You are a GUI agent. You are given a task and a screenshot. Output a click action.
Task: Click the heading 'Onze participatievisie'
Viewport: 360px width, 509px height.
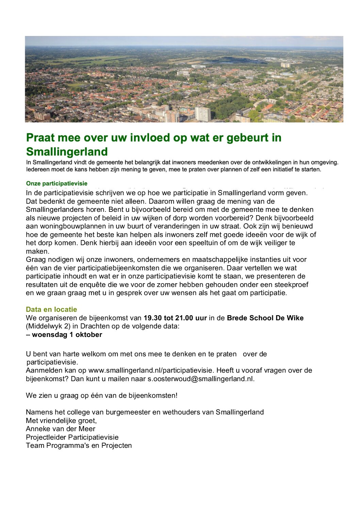click(57, 184)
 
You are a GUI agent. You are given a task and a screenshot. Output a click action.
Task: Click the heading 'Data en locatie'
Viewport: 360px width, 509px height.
click(51, 309)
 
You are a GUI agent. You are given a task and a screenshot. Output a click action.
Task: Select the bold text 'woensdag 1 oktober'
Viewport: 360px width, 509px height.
click(67, 335)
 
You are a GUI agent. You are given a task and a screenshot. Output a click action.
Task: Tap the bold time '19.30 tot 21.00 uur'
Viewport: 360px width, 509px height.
click(175, 318)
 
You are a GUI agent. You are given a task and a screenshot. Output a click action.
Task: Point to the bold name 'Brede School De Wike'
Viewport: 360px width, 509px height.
click(265, 318)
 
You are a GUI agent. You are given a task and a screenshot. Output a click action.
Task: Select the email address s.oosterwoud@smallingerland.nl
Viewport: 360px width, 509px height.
click(201, 379)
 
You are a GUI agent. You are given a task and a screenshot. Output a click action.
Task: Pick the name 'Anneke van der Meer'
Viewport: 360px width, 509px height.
click(61, 429)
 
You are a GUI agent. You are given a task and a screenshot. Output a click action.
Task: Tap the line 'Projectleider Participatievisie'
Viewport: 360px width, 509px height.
click(72, 437)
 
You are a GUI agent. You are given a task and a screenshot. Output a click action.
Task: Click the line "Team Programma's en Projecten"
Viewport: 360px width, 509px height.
click(79, 445)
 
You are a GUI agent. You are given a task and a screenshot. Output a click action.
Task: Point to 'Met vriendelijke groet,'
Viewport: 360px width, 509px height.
click(61, 421)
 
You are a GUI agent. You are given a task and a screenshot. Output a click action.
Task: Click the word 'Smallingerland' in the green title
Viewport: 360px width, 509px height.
click(67, 151)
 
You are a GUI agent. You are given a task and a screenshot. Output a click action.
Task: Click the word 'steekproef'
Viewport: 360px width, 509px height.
click(292, 285)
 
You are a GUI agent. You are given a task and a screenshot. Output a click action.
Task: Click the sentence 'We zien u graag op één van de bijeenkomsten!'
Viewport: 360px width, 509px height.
click(102, 395)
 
